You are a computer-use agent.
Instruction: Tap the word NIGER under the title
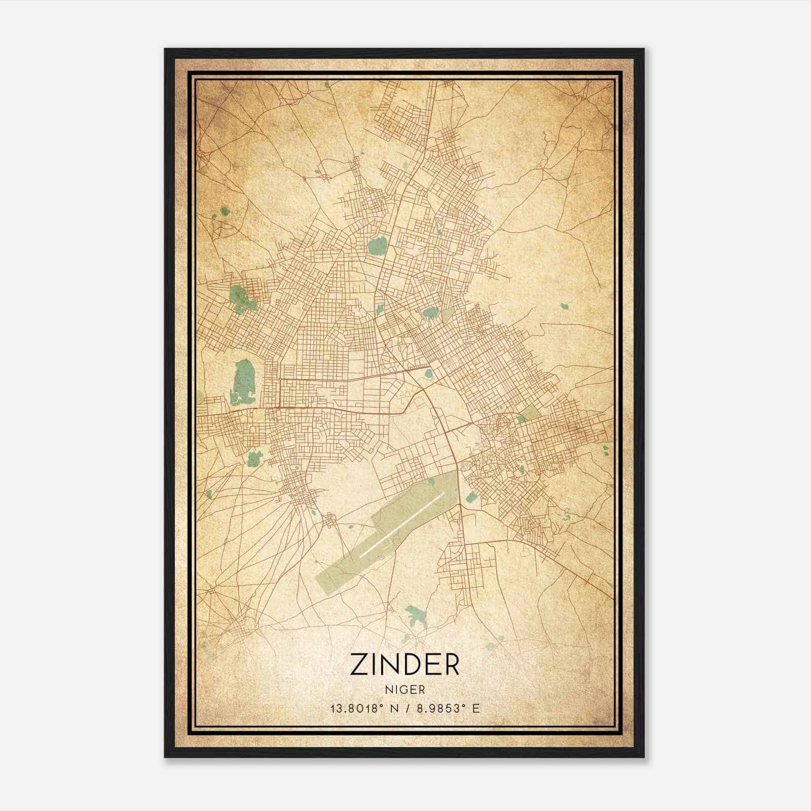(x=404, y=690)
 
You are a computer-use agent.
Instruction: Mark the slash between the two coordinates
(x=405, y=708)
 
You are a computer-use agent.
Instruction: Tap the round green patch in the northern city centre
(x=376, y=247)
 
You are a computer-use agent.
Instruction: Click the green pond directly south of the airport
(x=416, y=614)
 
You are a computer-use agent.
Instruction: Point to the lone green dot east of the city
(x=564, y=306)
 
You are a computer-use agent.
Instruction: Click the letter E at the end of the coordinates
(x=475, y=708)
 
